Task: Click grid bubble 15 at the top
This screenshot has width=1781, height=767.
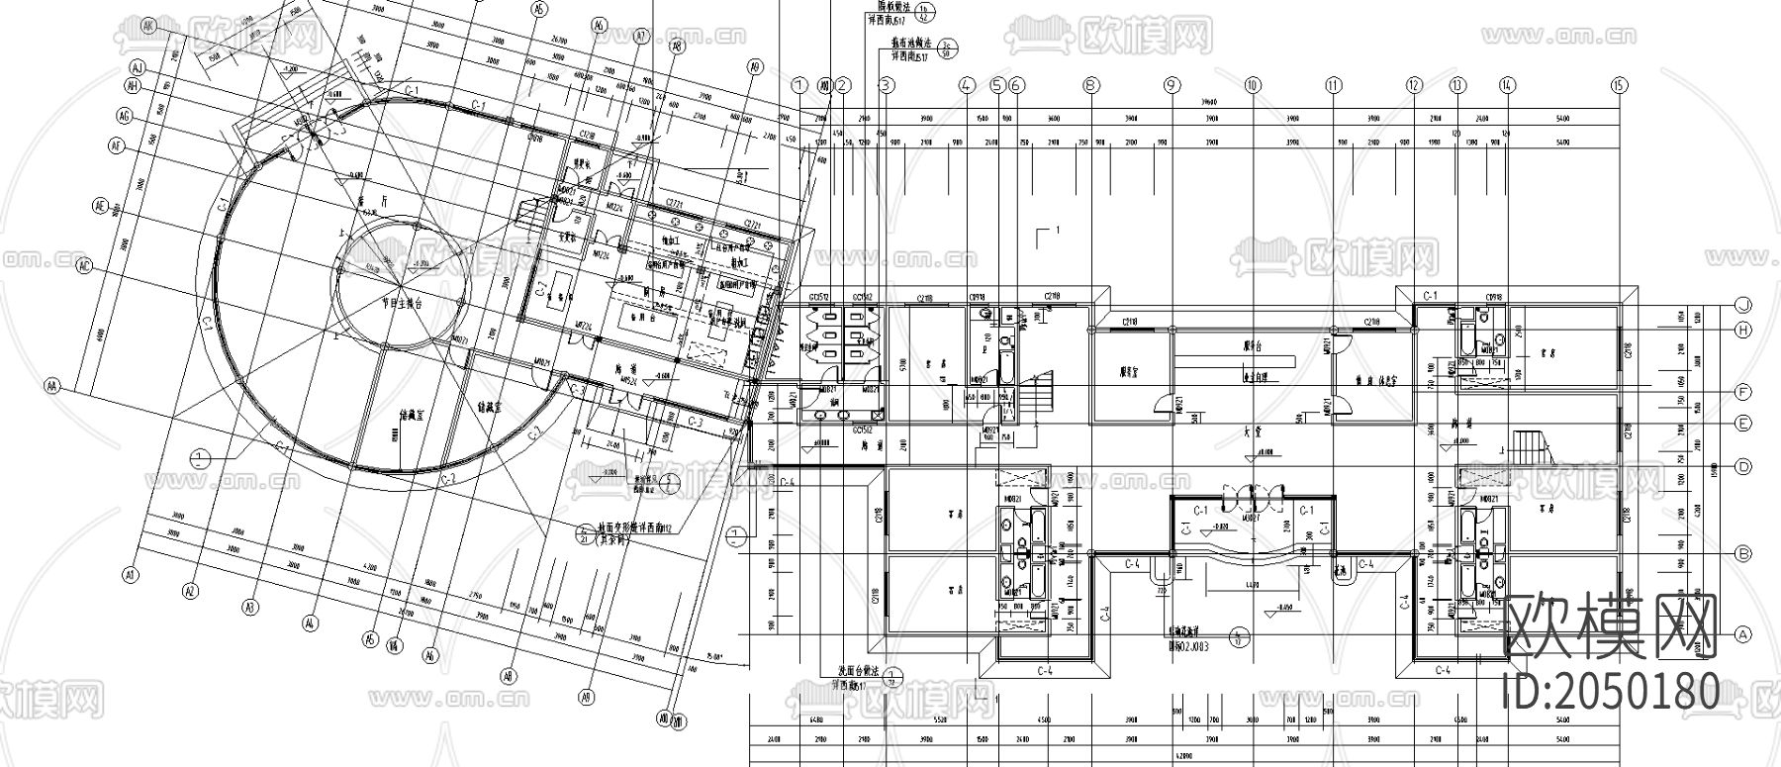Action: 1618,85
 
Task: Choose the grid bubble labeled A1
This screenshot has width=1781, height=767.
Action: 129,573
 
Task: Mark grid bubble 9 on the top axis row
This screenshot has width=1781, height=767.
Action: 1172,85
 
